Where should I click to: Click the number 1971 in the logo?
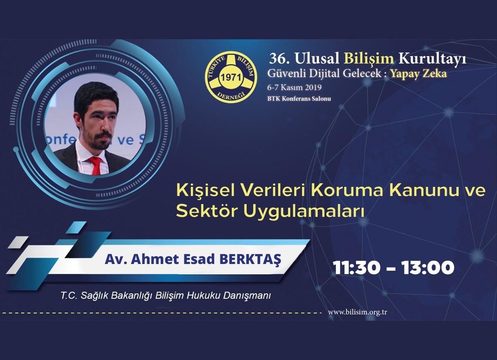pos(231,78)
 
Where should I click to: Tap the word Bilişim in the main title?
pos(369,59)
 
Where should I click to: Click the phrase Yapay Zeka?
pos(418,74)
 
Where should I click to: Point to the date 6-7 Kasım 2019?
pos(294,87)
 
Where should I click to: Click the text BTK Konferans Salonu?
pos(299,98)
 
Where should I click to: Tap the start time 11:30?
pos(356,268)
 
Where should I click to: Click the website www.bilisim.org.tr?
pos(357,312)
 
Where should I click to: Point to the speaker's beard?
pos(100,140)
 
